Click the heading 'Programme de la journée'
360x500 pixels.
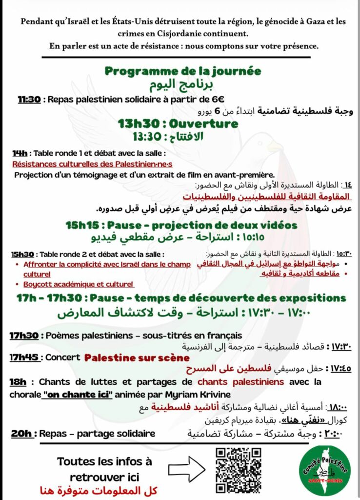tap(183, 71)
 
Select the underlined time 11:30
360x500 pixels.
tap(29, 100)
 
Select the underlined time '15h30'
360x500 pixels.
tap(22, 254)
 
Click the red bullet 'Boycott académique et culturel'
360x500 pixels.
tap(79, 284)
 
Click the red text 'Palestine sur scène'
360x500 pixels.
tap(137, 357)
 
